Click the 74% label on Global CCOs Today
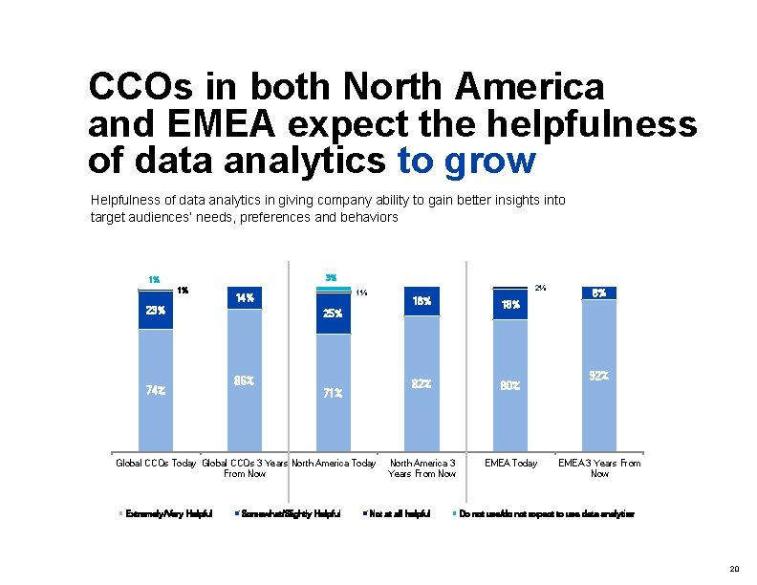pyautogui.click(x=156, y=390)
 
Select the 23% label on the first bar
pyautogui.click(x=156, y=310)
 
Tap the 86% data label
pyautogui.click(x=244, y=380)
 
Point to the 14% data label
pyautogui.click(x=244, y=297)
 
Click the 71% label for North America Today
pyautogui.click(x=333, y=392)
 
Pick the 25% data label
pyautogui.click(x=333, y=314)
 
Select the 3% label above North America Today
pyautogui.click(x=331, y=278)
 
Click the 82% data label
pyautogui.click(x=422, y=383)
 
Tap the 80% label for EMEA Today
pyautogui.click(x=510, y=386)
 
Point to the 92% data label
pyautogui.click(x=599, y=376)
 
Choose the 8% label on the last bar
pyautogui.click(x=599, y=292)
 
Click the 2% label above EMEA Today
pyautogui.click(x=541, y=287)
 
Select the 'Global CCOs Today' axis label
pyautogui.click(x=156, y=464)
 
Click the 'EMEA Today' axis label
pyautogui.click(x=510, y=464)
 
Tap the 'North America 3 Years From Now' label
pyautogui.click(x=422, y=468)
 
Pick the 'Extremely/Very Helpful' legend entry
pyautogui.click(x=168, y=513)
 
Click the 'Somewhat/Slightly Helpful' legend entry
pyautogui.click(x=292, y=513)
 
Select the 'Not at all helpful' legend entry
pyautogui.click(x=399, y=513)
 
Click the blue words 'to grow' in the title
pyautogui.click(x=465, y=161)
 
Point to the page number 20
pyautogui.click(x=733, y=569)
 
